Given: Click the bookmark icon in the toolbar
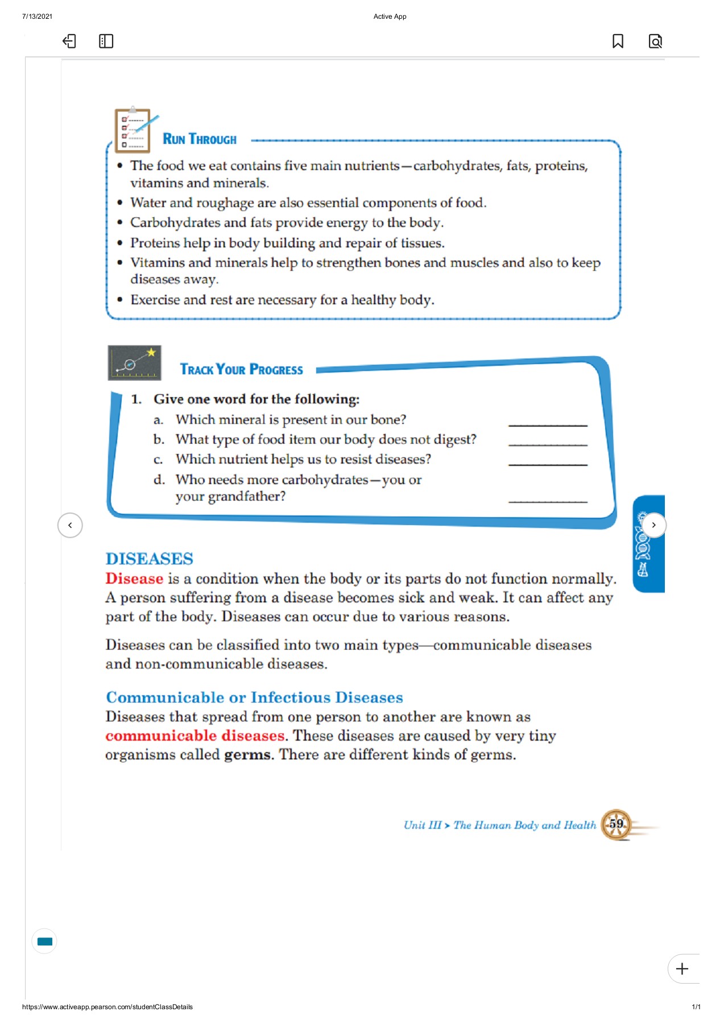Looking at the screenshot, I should [x=618, y=41].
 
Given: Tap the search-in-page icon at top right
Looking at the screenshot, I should [x=655, y=41].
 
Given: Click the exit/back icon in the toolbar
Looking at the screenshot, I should [x=69, y=41].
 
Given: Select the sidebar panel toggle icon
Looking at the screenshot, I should [x=106, y=41].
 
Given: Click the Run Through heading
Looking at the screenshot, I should [x=199, y=139].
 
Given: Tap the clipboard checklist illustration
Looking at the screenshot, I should [x=133, y=130].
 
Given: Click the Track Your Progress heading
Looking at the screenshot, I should [x=241, y=370].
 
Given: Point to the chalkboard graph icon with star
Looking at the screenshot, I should [x=134, y=363].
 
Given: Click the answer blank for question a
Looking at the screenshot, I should [x=547, y=422].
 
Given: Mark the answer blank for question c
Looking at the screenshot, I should [x=547, y=462].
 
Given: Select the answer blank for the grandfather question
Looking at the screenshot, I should [x=547, y=499].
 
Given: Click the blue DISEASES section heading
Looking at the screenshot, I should [x=149, y=559].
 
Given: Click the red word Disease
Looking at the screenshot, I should [x=134, y=579].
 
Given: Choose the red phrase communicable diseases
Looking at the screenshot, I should [x=195, y=736].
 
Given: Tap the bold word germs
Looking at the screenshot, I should [x=248, y=755].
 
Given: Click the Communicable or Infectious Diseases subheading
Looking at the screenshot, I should [x=254, y=697].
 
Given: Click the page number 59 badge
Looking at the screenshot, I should [x=616, y=824].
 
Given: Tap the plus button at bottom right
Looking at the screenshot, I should [x=682, y=969].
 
